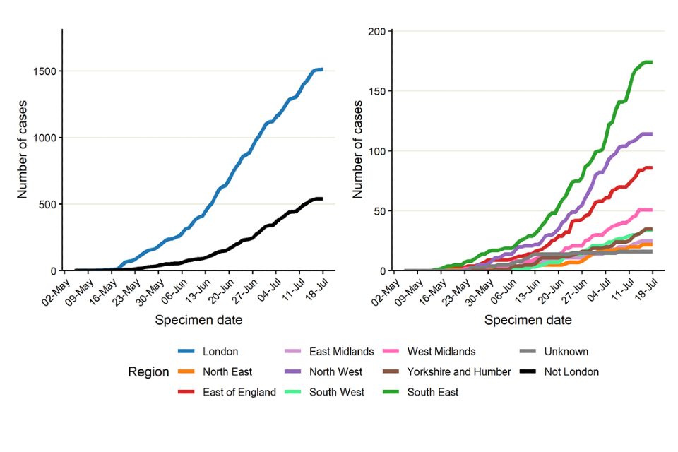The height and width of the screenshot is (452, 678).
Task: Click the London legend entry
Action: (x=220, y=351)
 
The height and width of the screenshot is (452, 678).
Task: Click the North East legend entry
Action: (x=227, y=371)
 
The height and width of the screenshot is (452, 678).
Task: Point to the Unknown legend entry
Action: (x=566, y=351)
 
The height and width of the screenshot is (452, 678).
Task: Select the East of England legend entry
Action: (x=239, y=392)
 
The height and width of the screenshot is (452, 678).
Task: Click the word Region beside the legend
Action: (x=148, y=371)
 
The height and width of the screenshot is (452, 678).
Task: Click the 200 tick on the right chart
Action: (x=376, y=32)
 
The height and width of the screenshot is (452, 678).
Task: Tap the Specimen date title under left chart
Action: (x=198, y=320)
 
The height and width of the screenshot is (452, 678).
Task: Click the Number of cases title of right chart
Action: (x=358, y=150)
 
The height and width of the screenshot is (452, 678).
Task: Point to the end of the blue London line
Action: (x=322, y=69)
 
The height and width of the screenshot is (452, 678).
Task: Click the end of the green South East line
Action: (x=651, y=62)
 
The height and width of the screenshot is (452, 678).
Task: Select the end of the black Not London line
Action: (x=322, y=198)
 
